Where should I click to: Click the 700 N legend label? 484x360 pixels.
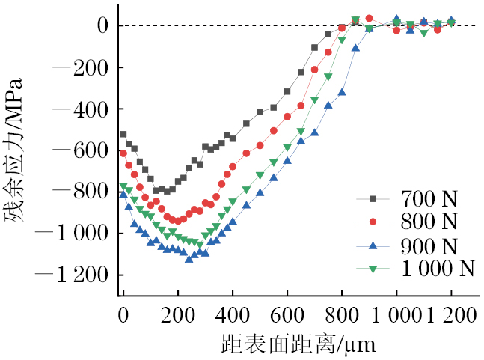(x=429, y=200)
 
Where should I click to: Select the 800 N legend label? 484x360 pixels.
(x=429, y=222)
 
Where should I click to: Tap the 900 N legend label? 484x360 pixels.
(x=429, y=245)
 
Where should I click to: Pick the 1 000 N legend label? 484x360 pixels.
(x=438, y=268)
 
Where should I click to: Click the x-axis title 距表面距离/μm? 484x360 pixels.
(x=298, y=345)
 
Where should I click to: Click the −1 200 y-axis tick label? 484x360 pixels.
(x=73, y=275)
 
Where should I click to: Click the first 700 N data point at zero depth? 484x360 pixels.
(x=123, y=135)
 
